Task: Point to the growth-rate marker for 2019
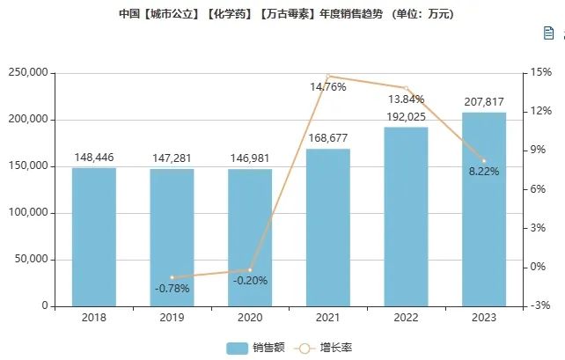click(172, 277)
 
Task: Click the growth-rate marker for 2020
click(250, 270)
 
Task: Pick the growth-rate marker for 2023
click(484, 160)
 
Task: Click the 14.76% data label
click(327, 86)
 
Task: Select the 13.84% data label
click(406, 99)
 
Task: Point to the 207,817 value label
click(484, 103)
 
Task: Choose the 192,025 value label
click(406, 117)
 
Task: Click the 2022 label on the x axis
click(406, 319)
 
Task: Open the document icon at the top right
click(548, 33)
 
